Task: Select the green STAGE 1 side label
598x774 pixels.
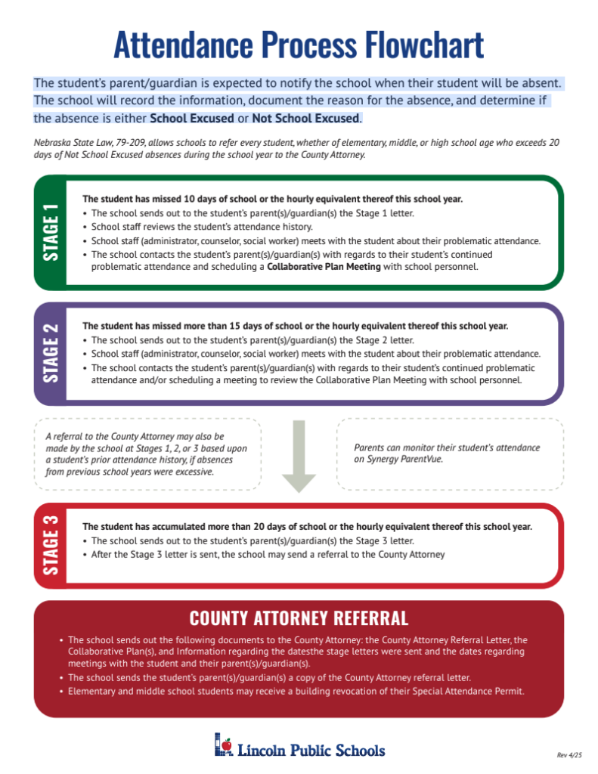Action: tap(51, 233)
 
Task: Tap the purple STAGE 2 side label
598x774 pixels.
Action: tap(51, 354)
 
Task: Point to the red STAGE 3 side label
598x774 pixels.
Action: tap(51, 545)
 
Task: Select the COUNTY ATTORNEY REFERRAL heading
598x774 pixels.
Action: tap(299, 618)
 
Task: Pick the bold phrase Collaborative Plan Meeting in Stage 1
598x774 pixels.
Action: tap(324, 267)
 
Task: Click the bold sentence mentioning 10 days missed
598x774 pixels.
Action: tap(272, 200)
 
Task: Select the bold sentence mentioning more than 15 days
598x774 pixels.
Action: tap(295, 327)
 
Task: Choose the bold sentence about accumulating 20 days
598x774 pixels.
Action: tap(307, 526)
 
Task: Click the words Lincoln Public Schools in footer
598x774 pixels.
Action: tap(311, 751)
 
